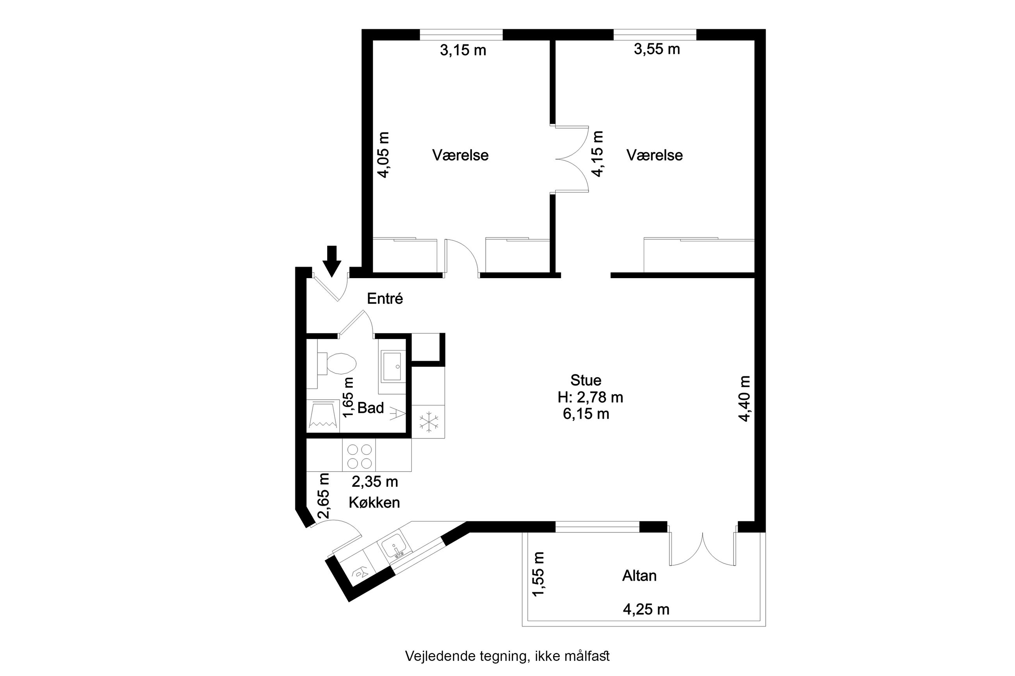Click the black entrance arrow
(332, 261)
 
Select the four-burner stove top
(359, 455)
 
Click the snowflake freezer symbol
(429, 422)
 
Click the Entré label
(385, 299)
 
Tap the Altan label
(639, 575)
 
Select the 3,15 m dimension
(463, 50)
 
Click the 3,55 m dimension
(657, 49)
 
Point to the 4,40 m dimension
(744, 399)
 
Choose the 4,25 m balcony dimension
(646, 609)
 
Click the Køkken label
(374, 502)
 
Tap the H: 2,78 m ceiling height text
(590, 397)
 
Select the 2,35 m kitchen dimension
(374, 482)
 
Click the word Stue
(586, 380)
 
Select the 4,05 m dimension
(383, 155)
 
